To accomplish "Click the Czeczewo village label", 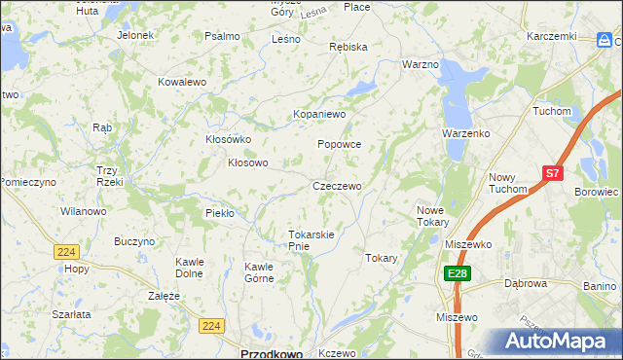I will coord(337,186).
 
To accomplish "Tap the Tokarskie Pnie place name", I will coord(311,240).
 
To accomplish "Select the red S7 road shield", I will coord(553,173).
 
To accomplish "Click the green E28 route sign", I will coord(457,274).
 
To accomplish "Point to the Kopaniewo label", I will coord(320,114).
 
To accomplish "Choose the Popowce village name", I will coord(340,144).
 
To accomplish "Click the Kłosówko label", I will coord(229,139).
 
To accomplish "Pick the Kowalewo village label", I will coord(183,83).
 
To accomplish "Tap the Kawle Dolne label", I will coord(190,267).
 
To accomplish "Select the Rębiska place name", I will coord(348,47).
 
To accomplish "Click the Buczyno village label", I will coord(134,241).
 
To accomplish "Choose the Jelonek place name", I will coord(135,35).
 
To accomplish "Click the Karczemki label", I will coord(552,36).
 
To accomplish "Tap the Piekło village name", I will coord(220,212).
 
